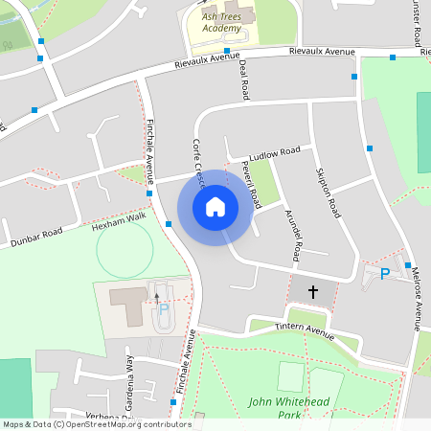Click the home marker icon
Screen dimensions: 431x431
[215, 206]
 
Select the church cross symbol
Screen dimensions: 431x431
[311, 291]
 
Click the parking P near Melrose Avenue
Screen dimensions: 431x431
[385, 274]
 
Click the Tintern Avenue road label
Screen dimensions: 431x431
[304, 331]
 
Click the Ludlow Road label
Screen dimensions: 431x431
[274, 153]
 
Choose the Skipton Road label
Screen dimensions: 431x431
[328, 193]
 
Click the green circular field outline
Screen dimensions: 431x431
[125, 249]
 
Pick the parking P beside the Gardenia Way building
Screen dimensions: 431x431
[163, 310]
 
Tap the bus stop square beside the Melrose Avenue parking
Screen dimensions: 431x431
[407, 265]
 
